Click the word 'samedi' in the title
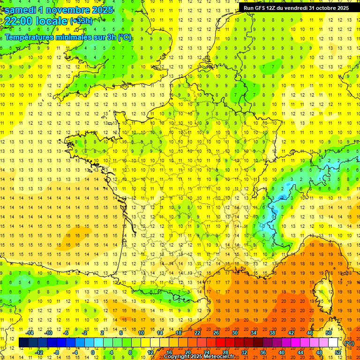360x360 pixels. pos(20,10)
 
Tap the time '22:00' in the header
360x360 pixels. pos(19,22)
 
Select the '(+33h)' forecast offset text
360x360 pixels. pos(81,21)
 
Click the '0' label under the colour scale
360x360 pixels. pos(92,352)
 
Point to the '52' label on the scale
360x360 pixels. pos(338,352)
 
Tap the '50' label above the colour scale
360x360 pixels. pos(329,333)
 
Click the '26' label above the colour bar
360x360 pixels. pos(216,333)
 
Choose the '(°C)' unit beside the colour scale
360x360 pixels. pos(349,343)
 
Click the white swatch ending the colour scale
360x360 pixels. pos(333,343)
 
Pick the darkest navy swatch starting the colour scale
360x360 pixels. pos(23,343)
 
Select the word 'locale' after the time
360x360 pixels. pos(52,22)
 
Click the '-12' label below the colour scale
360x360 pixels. pos(39,352)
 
